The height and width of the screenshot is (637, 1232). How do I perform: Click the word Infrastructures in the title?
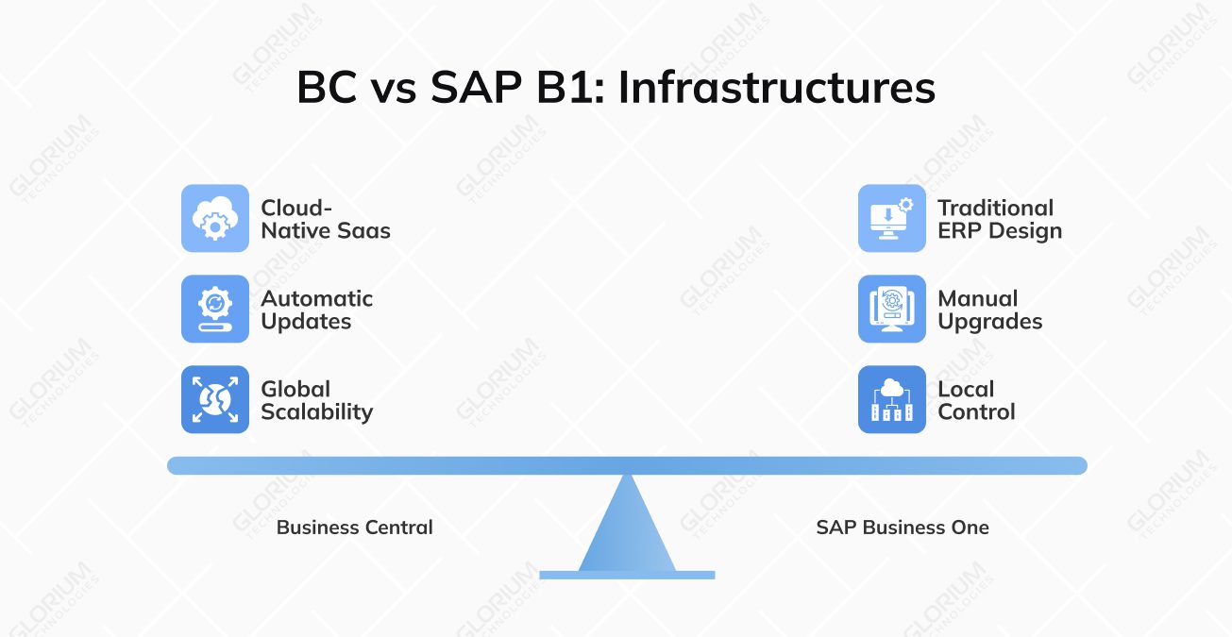coord(776,89)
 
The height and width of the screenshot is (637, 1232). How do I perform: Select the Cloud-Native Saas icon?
coord(215,218)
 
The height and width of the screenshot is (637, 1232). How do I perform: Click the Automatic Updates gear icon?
coord(215,309)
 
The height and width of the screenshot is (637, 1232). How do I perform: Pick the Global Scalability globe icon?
coord(215,399)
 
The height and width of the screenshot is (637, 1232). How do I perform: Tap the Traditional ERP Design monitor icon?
coord(891,218)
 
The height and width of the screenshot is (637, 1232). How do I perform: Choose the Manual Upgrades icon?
coord(891,309)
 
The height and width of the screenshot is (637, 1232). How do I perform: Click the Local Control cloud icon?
coord(891,399)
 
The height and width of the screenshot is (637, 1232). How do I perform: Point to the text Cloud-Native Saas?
coord(325,219)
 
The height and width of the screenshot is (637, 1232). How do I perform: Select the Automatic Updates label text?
coord(316,310)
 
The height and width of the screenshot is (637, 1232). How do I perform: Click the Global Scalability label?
coord(316,400)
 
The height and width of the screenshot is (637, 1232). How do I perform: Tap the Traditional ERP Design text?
coord(999,219)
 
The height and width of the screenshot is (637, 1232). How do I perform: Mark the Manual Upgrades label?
coord(989,310)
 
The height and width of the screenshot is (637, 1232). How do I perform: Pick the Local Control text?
coord(976,400)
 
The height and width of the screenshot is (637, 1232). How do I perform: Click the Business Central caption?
coord(354,528)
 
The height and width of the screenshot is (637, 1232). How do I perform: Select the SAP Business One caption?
coord(902,528)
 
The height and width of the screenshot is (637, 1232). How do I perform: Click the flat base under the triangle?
coord(627,574)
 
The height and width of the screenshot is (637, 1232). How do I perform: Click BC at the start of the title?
coord(328,89)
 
